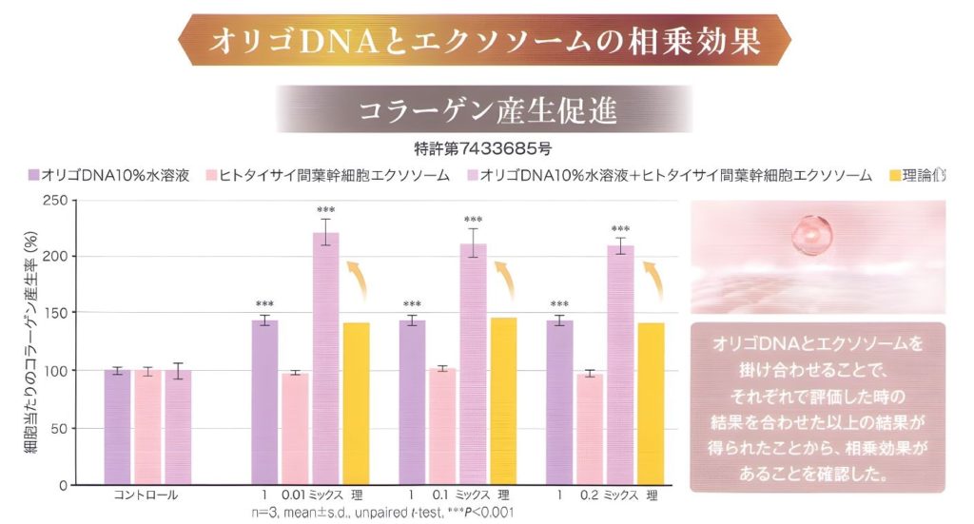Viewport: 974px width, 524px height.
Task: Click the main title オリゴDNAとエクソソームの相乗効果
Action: (x=485, y=41)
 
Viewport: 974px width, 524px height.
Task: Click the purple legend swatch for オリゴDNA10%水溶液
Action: (x=34, y=175)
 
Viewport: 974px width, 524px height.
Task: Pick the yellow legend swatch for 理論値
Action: (x=895, y=175)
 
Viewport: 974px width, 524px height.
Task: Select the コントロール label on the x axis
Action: (x=146, y=496)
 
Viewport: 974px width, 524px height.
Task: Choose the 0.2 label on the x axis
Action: (x=590, y=496)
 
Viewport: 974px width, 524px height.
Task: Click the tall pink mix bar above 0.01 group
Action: (x=326, y=361)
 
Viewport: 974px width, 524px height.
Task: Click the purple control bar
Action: (x=117, y=428)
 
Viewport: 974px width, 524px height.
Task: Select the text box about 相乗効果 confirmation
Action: (x=817, y=406)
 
